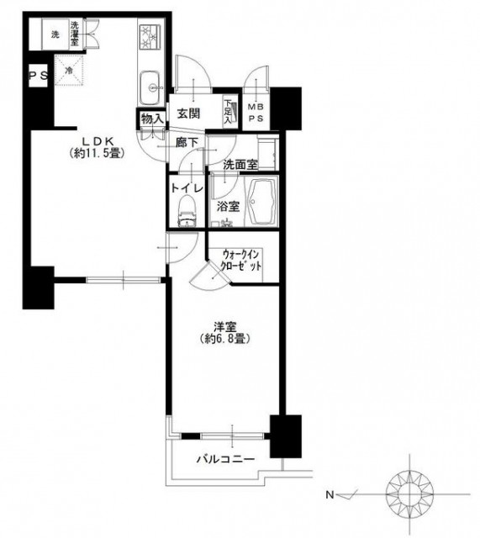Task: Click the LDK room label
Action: coord(98,140)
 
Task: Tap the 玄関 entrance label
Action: coord(188,113)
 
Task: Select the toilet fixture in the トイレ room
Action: coord(187,211)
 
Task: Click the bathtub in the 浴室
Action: coord(263,203)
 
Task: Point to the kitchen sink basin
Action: coord(150,87)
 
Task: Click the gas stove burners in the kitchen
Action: coord(150,37)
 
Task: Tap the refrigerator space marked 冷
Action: coord(69,71)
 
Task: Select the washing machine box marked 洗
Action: coord(55,34)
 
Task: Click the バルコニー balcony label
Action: coord(225,459)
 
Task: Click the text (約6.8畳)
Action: coord(224,339)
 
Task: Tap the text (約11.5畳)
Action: coord(98,153)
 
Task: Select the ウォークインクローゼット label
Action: coord(241,261)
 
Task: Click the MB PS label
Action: coord(256,113)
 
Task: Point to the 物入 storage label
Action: coord(151,119)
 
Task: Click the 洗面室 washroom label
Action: coord(240,165)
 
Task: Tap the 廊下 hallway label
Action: coord(187,143)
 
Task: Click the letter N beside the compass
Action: coord(330,495)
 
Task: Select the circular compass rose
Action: coord(409,494)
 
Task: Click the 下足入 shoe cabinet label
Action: coord(228,112)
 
